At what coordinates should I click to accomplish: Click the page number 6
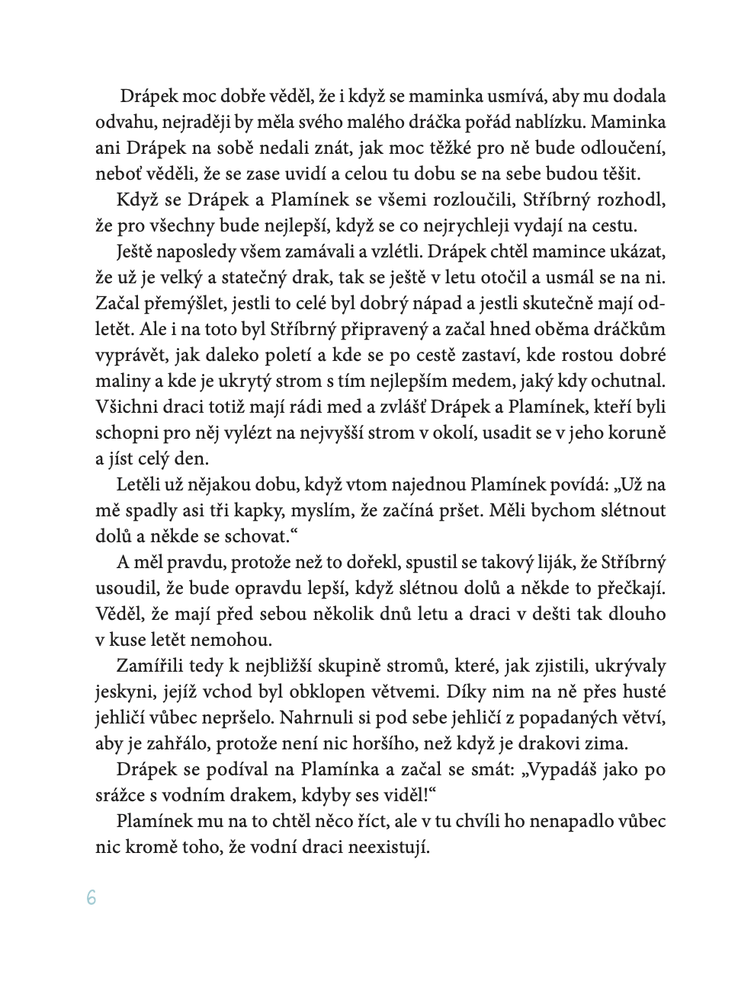pyautogui.click(x=91, y=898)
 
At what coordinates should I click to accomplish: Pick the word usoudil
pyautogui.click(x=122, y=589)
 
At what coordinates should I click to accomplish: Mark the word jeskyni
pyautogui.click(x=123, y=692)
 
